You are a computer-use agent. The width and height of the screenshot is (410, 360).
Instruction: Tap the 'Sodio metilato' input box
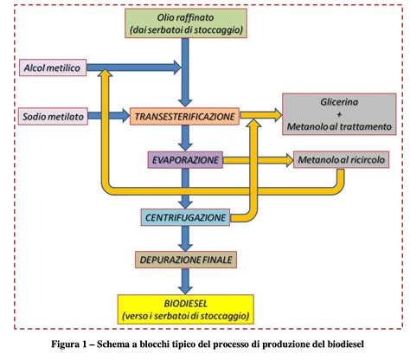tap(51, 114)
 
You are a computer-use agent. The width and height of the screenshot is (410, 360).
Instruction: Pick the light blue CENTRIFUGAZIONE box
tap(184, 216)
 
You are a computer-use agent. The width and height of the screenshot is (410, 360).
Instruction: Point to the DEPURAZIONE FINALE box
tap(184, 259)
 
